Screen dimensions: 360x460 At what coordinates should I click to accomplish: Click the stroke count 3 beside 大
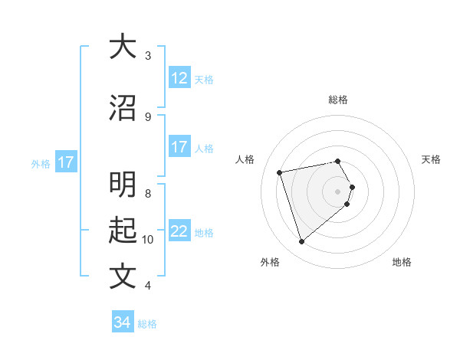pyautogui.click(x=148, y=56)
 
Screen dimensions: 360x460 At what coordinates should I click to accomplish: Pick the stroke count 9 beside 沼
pyautogui.click(x=148, y=116)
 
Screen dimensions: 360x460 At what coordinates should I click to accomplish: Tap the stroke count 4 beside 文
pyautogui.click(x=148, y=285)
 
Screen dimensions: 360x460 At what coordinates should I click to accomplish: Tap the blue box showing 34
pyautogui.click(x=123, y=322)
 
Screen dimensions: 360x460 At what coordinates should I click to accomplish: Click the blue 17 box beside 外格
pyautogui.click(x=66, y=162)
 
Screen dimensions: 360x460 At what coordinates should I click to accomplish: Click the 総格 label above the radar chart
pyautogui.click(x=338, y=100)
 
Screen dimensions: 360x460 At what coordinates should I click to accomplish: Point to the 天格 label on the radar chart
pyautogui.click(x=431, y=159)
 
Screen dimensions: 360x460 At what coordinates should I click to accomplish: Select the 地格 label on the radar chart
pyautogui.click(x=402, y=262)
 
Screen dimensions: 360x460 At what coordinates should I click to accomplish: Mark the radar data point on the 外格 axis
pyautogui.click(x=301, y=242)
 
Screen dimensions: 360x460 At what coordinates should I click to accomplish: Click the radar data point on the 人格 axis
pyautogui.click(x=280, y=172)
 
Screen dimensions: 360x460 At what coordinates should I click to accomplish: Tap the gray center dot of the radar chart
pyautogui.click(x=338, y=191)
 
